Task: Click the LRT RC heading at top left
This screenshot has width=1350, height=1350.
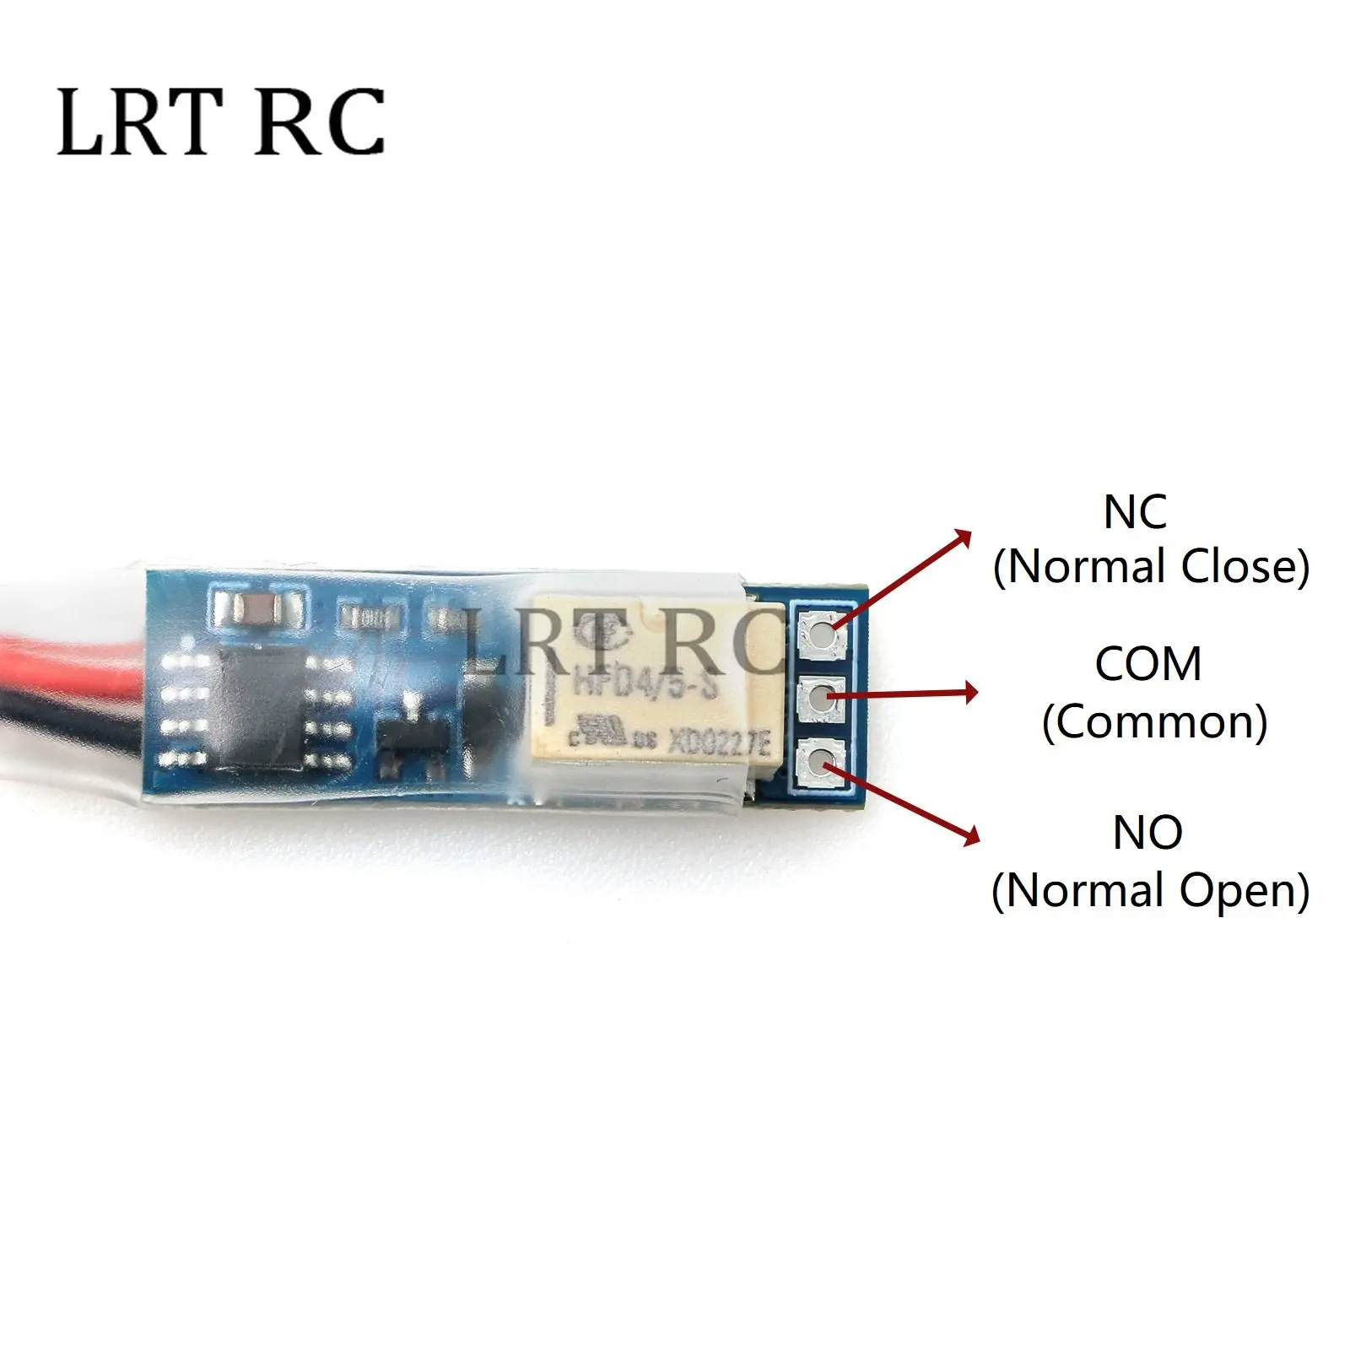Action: point(221,123)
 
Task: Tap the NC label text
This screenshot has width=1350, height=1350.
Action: point(1135,512)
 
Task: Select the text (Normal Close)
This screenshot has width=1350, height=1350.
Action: point(1151,566)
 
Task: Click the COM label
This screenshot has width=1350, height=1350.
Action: point(1148,664)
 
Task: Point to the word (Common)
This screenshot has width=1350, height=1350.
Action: point(1154,722)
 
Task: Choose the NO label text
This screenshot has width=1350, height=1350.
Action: point(1147,833)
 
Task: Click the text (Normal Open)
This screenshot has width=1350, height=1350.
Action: point(1151,890)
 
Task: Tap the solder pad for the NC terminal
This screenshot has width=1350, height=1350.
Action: point(821,629)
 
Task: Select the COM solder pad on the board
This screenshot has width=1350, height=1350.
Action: point(821,696)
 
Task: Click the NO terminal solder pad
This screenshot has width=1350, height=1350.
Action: point(821,763)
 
